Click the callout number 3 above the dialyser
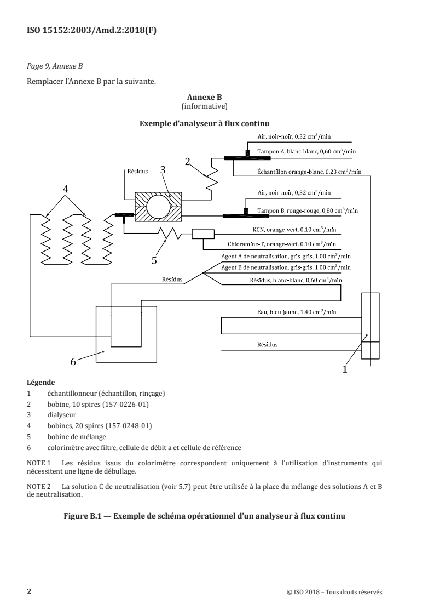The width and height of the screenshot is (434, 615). coord(163,170)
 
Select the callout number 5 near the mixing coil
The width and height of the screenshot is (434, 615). coord(154,260)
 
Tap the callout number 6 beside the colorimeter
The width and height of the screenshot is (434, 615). coord(73,361)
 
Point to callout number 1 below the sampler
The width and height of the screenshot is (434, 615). coord(345,369)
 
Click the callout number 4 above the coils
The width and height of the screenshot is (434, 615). coord(66,189)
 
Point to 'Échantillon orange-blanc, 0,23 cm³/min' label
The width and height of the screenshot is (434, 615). coord(309,172)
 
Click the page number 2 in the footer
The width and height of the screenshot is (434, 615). coord(30,576)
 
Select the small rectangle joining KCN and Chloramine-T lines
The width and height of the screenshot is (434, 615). coord(202,235)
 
